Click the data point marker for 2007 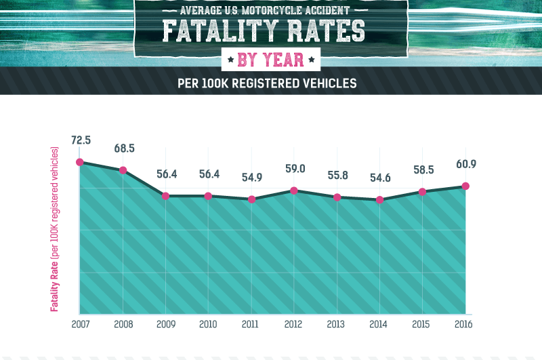pyautogui.click(x=80, y=162)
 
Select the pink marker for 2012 pyautogui.click(x=294, y=191)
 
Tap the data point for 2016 pyautogui.click(x=465, y=186)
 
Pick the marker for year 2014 pyautogui.click(x=380, y=200)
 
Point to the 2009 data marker pyautogui.click(x=165, y=196)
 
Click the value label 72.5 pyautogui.click(x=81, y=141)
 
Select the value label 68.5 pyautogui.click(x=123, y=148)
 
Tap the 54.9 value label pyautogui.click(x=251, y=178)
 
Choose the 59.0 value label pyautogui.click(x=294, y=169)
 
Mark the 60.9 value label pyautogui.click(x=465, y=165)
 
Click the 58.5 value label pyautogui.click(x=423, y=169)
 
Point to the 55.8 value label pyautogui.click(x=337, y=175)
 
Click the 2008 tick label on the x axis pyautogui.click(x=123, y=325)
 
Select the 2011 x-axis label pyautogui.click(x=251, y=325)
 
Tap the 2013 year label pyautogui.click(x=337, y=325)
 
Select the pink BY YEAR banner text pyautogui.click(x=270, y=60)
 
